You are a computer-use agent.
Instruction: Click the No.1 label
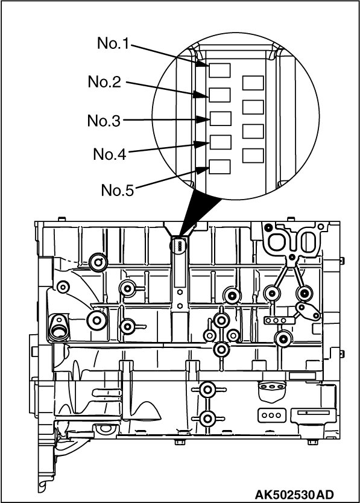(113, 43)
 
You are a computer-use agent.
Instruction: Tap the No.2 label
(104, 82)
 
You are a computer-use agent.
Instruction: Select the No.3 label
(104, 121)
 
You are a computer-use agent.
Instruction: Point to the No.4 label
(110, 154)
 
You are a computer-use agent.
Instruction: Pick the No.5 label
(118, 190)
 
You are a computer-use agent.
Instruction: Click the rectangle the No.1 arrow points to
(219, 70)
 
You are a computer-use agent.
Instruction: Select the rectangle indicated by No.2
(219, 95)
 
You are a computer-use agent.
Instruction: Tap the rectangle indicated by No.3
(221, 118)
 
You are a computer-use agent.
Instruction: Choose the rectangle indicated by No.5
(219, 167)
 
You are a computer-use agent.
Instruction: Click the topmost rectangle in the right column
(253, 83)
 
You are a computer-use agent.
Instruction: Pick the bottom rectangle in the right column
(253, 156)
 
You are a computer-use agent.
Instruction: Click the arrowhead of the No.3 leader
(203, 119)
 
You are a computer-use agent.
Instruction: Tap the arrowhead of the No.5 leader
(203, 169)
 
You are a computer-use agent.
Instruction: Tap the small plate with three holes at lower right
(271, 415)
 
